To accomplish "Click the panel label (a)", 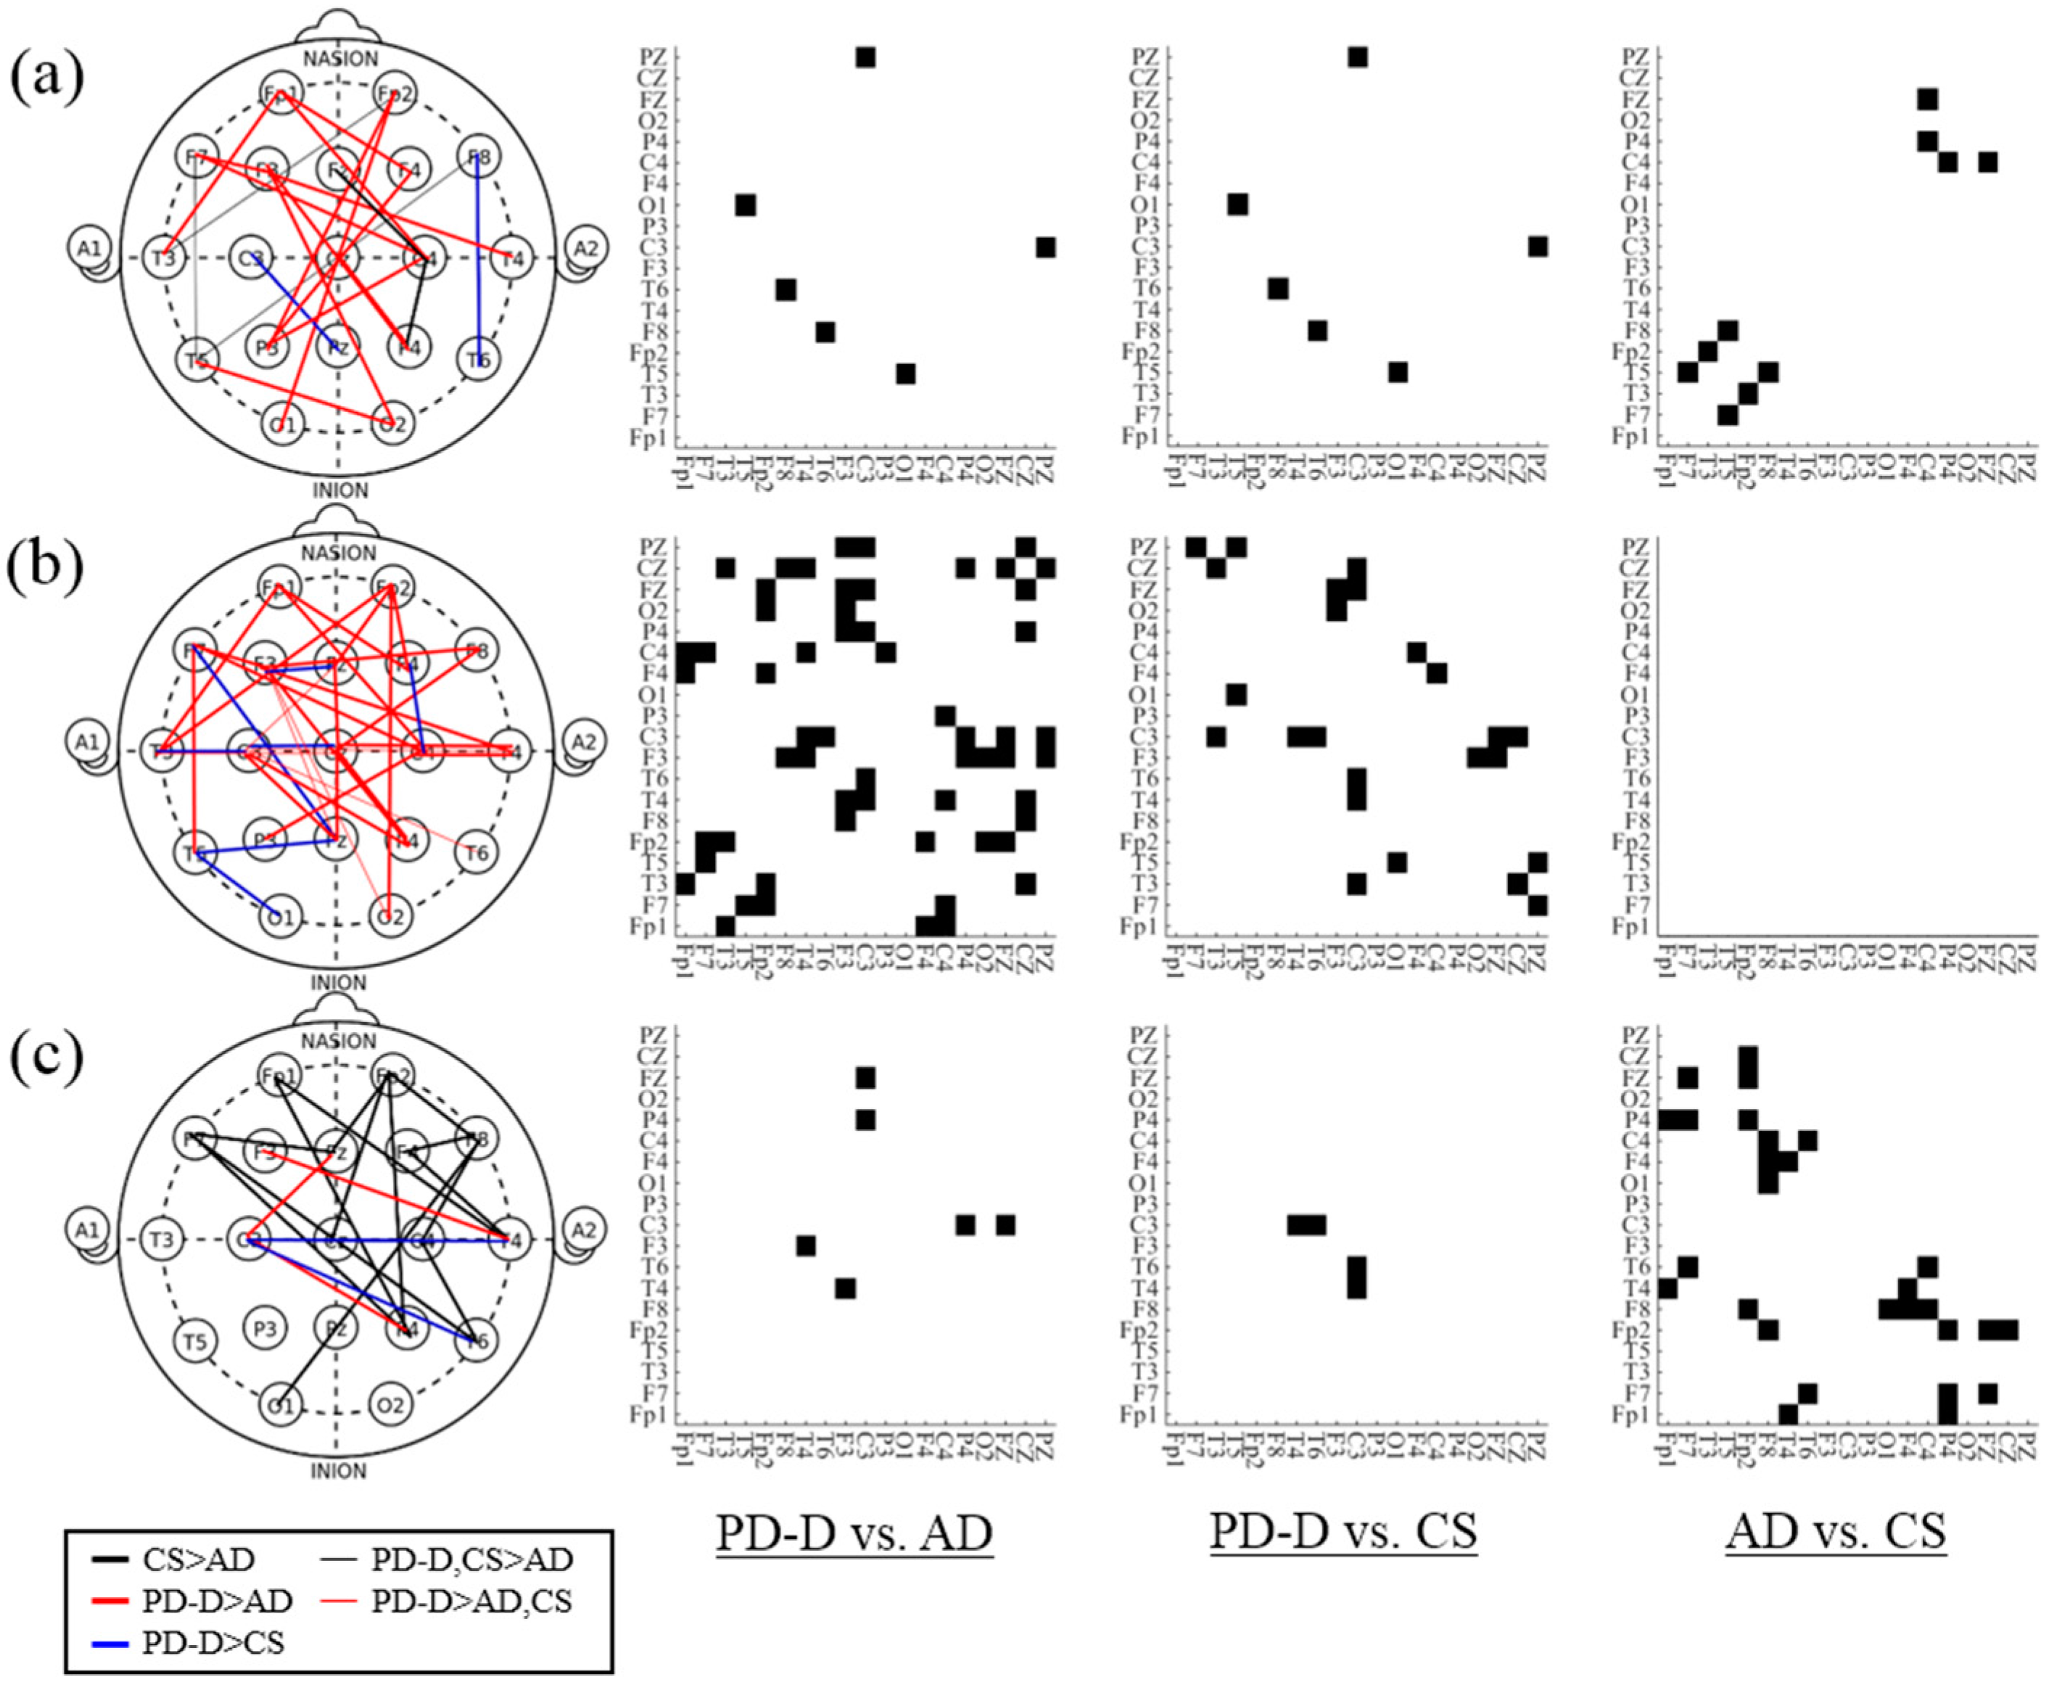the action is tap(46, 78).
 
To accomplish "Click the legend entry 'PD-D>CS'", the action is tap(213, 1641).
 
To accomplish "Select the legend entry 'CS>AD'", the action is tap(198, 1560).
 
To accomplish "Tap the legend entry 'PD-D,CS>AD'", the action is tap(473, 1560).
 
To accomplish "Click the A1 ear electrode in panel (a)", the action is tap(89, 249).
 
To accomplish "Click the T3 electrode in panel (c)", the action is tap(162, 1240).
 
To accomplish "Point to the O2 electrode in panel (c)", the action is tap(390, 1404).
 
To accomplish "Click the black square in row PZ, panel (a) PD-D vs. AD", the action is tap(865, 57).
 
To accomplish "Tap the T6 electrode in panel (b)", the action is tap(477, 853).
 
